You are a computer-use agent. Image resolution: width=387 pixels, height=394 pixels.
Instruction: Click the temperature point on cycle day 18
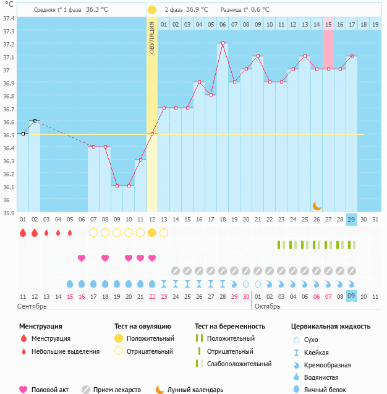pos(223,43)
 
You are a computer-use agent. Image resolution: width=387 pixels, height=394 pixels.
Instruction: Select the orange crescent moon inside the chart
pos(317,205)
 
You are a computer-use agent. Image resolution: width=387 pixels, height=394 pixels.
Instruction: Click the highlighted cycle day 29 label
pos(352,220)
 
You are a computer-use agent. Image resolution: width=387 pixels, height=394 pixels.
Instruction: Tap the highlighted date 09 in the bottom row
pos(352,296)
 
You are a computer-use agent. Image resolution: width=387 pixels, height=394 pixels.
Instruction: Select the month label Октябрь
pos(268,306)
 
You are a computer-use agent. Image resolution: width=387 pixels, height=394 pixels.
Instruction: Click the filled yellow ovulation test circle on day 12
pos(152,233)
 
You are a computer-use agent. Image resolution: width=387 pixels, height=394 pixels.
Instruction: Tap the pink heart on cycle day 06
pos(82,258)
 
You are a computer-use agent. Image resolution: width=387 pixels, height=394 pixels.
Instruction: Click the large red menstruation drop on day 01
pos(23,233)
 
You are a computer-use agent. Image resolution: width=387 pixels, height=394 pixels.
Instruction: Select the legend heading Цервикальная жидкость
pos(331,326)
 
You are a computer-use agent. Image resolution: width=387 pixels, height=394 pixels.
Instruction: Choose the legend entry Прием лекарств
pos(117,390)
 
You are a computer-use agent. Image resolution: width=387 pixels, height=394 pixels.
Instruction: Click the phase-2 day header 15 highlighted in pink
pos(328,24)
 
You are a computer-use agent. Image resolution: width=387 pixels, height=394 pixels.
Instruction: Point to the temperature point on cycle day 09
pos(117,186)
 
